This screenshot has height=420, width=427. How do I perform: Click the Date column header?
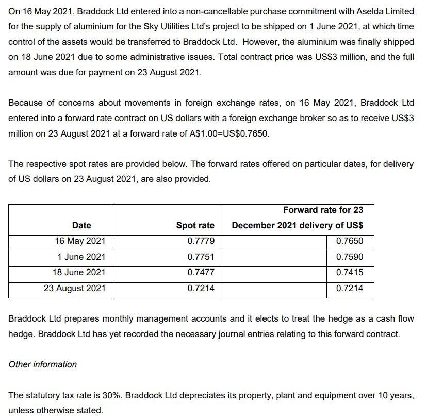pos(81,225)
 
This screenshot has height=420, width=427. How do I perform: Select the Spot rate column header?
pos(195,225)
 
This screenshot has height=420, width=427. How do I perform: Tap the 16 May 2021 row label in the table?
pos(80,241)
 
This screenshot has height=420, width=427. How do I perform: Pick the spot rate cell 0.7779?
pos(201,241)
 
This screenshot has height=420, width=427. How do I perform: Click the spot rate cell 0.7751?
pos(201,257)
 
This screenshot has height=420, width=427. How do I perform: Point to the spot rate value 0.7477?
pos(201,272)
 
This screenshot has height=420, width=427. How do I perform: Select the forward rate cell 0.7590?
pos(349,257)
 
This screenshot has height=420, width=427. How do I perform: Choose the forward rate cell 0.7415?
pos(349,272)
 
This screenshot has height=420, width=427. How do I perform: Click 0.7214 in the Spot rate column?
pos(201,288)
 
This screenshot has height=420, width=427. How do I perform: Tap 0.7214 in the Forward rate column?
pos(349,288)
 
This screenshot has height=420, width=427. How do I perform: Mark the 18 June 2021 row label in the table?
pos(79,272)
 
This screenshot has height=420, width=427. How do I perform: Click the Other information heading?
pos(43,364)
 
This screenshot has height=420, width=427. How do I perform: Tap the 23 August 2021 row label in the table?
pos(74,288)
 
